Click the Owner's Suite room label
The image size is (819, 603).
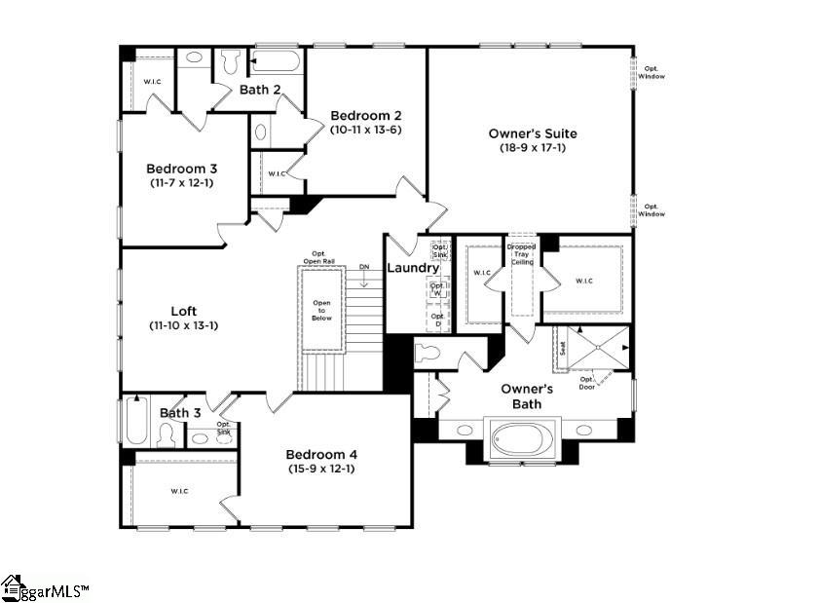coord(532,133)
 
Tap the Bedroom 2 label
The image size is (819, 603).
coord(365,114)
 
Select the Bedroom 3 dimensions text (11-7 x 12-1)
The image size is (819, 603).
coord(182,183)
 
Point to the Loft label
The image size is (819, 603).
coord(183,312)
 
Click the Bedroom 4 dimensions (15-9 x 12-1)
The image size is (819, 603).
coord(320,469)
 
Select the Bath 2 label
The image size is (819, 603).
coord(260,90)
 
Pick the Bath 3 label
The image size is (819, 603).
coord(180,413)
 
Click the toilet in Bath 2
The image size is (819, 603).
coord(231,61)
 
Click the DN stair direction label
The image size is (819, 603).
coord(364,266)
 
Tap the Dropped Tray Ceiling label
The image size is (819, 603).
coord(522,254)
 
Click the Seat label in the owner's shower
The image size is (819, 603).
coord(562,349)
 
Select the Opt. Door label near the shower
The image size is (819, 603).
coord(587,383)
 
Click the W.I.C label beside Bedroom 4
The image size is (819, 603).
coord(178,490)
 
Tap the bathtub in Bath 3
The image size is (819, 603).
coord(135,420)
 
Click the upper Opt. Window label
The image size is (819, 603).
coord(651,72)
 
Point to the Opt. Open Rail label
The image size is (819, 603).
coord(318,256)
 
